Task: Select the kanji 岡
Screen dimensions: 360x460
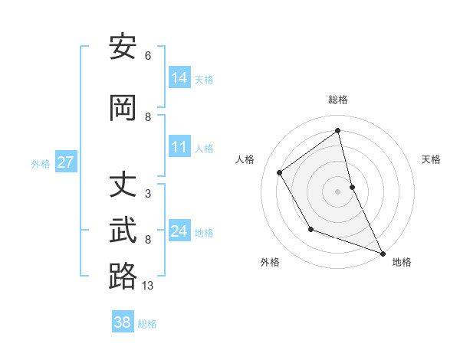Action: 123,109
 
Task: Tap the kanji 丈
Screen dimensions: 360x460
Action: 123,186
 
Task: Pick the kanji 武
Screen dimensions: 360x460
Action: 123,231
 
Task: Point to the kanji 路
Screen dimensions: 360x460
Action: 123,277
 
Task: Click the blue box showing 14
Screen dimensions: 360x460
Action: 179,78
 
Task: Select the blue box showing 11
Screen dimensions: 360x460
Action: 179,148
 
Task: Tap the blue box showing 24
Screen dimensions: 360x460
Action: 179,231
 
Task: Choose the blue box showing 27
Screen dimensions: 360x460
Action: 66,162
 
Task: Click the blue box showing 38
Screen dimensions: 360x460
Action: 123,322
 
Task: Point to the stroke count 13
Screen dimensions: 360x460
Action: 148,286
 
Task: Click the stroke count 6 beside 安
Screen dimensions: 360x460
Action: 148,56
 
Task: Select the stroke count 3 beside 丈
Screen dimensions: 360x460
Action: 148,194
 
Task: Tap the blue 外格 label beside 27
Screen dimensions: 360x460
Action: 41,163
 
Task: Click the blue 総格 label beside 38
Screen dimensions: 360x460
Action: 147,323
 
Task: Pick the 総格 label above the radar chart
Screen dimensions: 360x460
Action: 338,100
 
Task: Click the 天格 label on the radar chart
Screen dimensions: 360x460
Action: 431,159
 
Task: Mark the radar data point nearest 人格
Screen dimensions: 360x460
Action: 280,172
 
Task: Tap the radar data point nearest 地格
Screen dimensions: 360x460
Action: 383,254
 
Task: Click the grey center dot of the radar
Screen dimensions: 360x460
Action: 338,191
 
